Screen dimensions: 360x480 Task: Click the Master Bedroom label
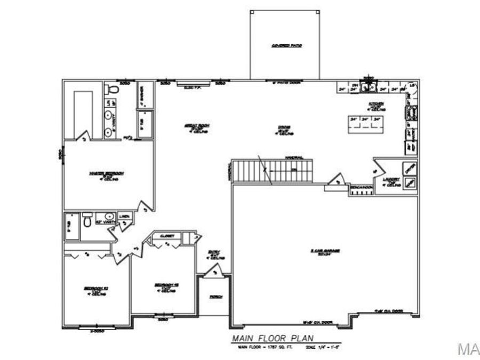coord(107,173)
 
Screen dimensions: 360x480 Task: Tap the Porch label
coord(215,297)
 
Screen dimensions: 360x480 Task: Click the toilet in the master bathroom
coord(109,88)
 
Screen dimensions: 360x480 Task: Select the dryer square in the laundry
coord(410,169)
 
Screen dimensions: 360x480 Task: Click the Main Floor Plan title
coord(273,338)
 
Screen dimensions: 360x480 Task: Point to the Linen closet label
coord(124,217)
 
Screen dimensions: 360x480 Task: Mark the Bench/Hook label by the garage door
coord(361,188)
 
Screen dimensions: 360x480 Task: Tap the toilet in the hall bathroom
coord(86,219)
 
